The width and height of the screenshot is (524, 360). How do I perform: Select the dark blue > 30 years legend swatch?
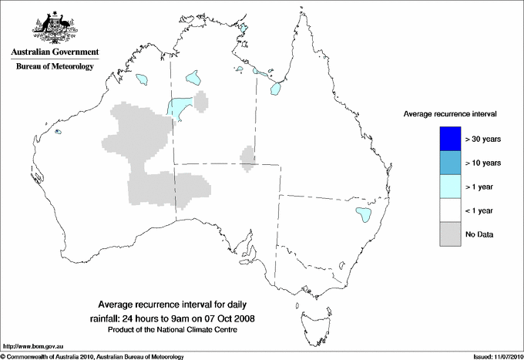[450, 139]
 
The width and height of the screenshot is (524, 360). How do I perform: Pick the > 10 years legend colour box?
[450, 163]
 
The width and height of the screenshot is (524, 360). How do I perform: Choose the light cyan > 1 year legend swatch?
[450, 186]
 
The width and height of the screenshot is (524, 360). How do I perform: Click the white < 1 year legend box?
[450, 210]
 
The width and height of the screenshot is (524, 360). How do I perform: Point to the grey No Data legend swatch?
[450, 234]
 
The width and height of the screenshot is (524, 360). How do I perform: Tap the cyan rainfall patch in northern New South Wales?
[361, 214]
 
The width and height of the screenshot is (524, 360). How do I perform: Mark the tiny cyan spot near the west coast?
[59, 133]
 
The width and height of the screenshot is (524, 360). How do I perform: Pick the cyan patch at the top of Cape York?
[245, 29]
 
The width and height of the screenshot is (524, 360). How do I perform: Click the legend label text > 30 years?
[484, 140]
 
